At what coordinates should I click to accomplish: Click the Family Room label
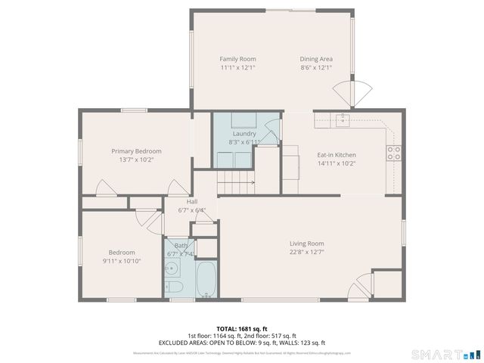pyautogui.click(x=237, y=59)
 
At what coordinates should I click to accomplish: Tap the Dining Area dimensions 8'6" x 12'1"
pyautogui.click(x=315, y=68)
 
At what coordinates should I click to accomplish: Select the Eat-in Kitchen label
pyautogui.click(x=336, y=155)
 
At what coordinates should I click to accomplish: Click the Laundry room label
pyautogui.click(x=244, y=133)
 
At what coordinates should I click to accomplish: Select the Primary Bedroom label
pyautogui.click(x=136, y=151)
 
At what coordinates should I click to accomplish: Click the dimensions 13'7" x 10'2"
pyautogui.click(x=136, y=160)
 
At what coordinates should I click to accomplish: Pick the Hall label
pyautogui.click(x=192, y=201)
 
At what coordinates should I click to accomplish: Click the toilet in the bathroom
pyautogui.click(x=174, y=287)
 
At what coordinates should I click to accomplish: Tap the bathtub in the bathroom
pyautogui.click(x=206, y=281)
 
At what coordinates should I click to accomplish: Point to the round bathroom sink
pyautogui.click(x=172, y=265)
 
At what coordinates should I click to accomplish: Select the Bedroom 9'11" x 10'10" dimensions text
pyautogui.click(x=121, y=261)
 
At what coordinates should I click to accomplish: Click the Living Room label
pyautogui.click(x=306, y=244)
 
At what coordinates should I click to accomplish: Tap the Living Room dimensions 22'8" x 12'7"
pyautogui.click(x=306, y=253)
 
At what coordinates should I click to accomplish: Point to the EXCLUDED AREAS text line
pyautogui.click(x=242, y=343)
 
